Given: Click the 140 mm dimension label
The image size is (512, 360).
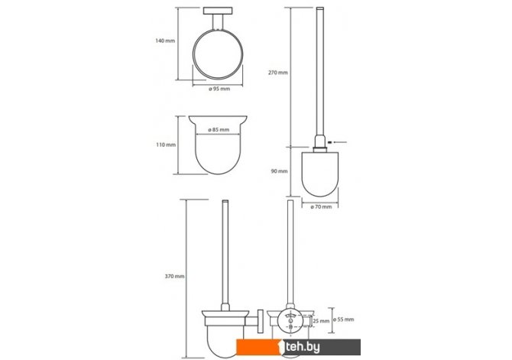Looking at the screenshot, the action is (x=165, y=41).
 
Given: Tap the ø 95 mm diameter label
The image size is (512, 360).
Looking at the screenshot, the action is (x=219, y=89).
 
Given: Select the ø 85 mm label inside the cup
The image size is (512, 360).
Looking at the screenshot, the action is (x=219, y=130).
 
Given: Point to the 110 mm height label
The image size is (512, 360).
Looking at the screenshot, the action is (x=166, y=144).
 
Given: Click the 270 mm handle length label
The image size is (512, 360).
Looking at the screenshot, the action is (x=278, y=73).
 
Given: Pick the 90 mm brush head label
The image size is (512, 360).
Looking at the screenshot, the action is (x=279, y=171).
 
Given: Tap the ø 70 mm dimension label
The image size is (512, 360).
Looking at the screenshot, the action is (x=321, y=207).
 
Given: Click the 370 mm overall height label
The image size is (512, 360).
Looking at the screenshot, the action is (x=174, y=277).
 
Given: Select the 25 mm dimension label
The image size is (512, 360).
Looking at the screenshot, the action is (x=321, y=321).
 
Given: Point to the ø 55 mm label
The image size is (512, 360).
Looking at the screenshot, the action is (x=344, y=319).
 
